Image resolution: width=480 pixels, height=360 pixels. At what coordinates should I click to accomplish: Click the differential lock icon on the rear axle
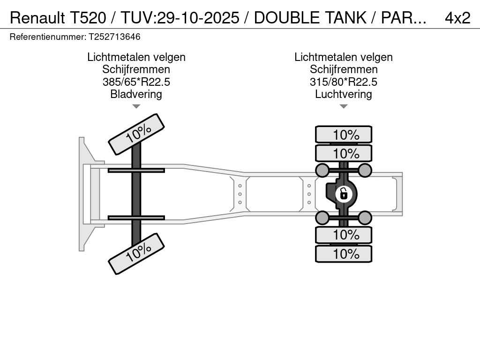click(x=344, y=194)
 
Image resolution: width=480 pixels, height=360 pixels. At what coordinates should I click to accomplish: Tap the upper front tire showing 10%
click(x=136, y=134)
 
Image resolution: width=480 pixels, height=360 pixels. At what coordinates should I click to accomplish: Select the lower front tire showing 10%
click(x=136, y=254)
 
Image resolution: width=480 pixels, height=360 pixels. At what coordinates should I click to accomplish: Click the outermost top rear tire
click(x=344, y=135)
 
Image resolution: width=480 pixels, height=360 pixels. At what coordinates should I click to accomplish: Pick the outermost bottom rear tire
click(x=344, y=254)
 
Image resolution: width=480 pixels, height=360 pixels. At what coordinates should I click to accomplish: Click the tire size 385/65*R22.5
click(x=136, y=82)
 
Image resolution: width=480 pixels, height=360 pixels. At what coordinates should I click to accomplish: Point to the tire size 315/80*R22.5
click(x=344, y=82)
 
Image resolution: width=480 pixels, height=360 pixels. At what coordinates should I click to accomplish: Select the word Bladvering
click(x=136, y=94)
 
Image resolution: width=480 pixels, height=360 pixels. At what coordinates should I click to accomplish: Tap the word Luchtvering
click(x=344, y=94)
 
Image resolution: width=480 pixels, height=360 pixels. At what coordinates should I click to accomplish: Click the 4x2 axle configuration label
click(x=457, y=18)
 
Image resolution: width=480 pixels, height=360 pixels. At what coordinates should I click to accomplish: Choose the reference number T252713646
click(x=114, y=37)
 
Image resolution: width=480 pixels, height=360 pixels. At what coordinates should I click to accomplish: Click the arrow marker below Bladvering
click(x=136, y=106)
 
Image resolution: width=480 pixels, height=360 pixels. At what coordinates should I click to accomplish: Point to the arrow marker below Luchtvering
click(x=344, y=106)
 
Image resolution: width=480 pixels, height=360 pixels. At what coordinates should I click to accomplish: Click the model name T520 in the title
click(x=88, y=18)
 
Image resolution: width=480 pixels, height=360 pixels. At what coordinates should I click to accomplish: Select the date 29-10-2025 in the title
click(x=198, y=18)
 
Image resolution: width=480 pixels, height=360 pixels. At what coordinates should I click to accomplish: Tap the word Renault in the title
click(x=37, y=18)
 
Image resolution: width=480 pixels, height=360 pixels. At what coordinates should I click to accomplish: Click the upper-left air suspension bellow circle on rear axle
click(x=322, y=170)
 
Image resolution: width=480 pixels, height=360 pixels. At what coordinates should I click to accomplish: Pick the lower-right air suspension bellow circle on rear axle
click(x=365, y=218)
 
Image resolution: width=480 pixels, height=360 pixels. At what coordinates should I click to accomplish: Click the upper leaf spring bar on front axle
click(x=136, y=170)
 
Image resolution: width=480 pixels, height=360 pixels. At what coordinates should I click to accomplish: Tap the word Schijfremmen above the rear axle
click(x=344, y=69)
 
